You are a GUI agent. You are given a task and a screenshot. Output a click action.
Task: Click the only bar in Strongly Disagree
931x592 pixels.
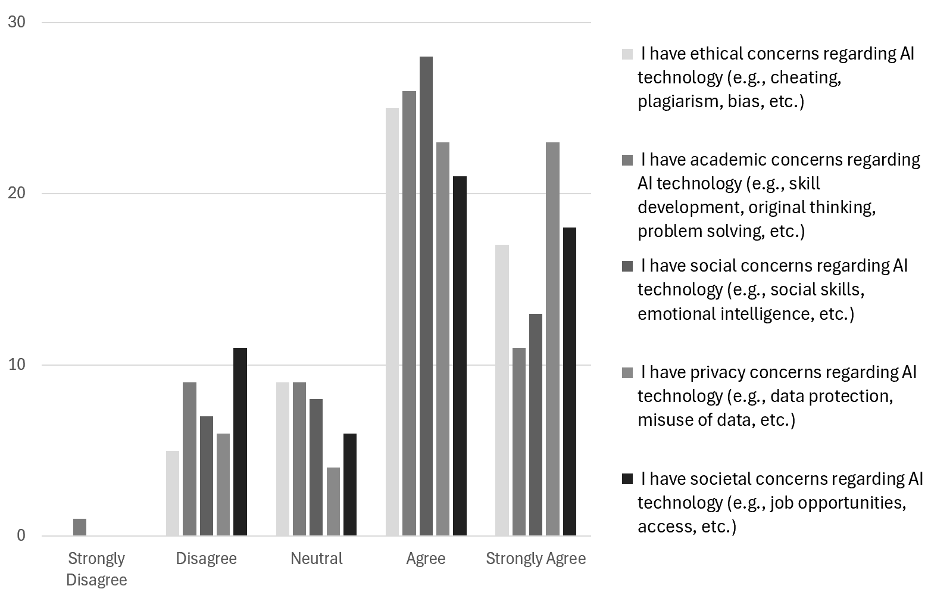click(x=80, y=527)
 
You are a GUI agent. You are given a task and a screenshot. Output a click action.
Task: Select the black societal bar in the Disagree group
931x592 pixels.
click(x=240, y=441)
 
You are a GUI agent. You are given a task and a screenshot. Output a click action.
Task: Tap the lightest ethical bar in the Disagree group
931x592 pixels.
click(x=173, y=493)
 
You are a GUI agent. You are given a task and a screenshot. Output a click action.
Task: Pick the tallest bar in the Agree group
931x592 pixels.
click(x=426, y=296)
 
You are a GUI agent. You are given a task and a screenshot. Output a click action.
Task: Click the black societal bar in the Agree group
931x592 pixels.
click(x=460, y=356)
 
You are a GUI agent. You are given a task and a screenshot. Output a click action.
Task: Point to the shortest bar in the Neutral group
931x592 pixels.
click(x=333, y=501)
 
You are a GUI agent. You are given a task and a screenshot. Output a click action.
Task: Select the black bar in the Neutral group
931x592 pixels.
click(x=350, y=484)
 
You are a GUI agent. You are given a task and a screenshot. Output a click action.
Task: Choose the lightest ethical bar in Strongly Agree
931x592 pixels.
click(x=502, y=390)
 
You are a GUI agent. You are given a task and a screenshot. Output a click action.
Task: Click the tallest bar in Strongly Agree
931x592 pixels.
click(x=552, y=339)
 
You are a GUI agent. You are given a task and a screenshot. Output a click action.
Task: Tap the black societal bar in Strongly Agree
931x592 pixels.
click(x=570, y=381)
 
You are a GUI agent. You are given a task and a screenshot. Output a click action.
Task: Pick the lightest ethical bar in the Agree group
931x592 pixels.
click(x=392, y=322)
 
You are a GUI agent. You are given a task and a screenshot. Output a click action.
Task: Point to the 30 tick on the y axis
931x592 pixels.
click(x=16, y=23)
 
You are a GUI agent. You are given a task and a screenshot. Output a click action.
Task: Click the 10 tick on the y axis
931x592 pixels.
click(x=16, y=364)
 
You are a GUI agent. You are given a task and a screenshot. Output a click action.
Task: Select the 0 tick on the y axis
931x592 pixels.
click(x=21, y=535)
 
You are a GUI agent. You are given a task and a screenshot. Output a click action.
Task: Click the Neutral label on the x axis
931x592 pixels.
click(x=316, y=559)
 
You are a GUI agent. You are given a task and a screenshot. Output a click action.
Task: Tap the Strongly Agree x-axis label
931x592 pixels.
click(x=536, y=559)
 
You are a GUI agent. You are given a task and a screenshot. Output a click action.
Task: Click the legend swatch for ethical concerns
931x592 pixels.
click(x=627, y=54)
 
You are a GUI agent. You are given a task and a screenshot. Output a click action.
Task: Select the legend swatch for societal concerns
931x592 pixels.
click(x=627, y=479)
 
